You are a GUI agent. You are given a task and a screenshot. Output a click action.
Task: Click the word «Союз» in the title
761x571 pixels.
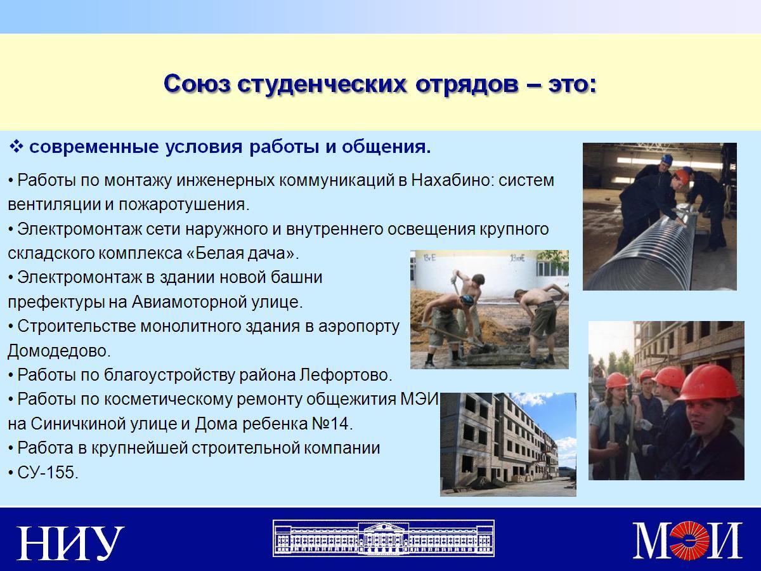tap(197, 84)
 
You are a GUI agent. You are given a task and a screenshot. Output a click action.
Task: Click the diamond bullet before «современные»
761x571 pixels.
tap(16, 147)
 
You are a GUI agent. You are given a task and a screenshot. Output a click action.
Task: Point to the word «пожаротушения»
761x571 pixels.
tap(184, 204)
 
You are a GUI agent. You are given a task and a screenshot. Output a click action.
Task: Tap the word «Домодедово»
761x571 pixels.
tap(59, 351)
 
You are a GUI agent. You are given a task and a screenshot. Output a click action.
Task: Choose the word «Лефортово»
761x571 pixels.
tap(346, 375)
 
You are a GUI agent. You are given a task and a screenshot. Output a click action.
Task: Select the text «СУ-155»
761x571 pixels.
tap(48, 472)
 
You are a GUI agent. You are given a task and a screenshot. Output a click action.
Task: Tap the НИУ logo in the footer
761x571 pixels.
tap(70, 543)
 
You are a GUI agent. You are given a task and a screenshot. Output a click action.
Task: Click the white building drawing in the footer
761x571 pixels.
tap(384, 539)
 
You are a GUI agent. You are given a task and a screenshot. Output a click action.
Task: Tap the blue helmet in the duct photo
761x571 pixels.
tap(667, 159)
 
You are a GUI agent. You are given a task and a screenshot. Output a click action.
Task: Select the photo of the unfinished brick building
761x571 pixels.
tap(508, 445)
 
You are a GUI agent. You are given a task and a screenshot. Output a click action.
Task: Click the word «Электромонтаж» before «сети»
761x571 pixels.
tap(79, 229)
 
